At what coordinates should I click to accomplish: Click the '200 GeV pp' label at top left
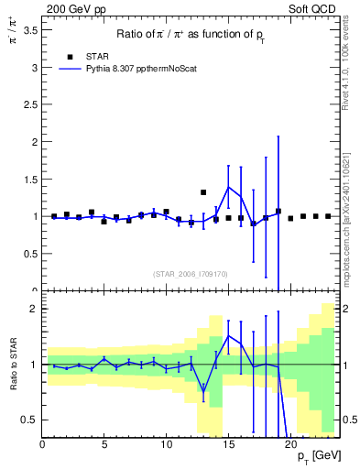pyautogui.click(x=70, y=7)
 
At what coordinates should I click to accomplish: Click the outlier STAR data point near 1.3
pyautogui.click(x=203, y=192)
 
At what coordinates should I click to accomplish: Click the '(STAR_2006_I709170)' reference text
pyautogui.click(x=190, y=272)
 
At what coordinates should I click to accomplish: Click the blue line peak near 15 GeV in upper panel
pyautogui.click(x=228, y=187)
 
